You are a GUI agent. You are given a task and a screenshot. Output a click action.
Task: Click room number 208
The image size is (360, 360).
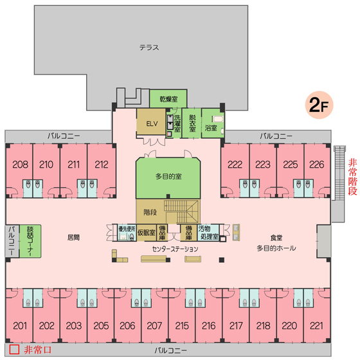(x=20, y=165)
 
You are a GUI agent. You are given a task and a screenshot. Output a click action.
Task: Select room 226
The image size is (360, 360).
(x=317, y=165)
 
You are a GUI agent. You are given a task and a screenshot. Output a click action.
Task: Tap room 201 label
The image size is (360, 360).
(x=20, y=325)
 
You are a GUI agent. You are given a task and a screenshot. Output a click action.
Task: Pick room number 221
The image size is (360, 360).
(x=316, y=325)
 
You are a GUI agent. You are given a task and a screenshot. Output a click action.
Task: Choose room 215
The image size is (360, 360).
(x=182, y=325)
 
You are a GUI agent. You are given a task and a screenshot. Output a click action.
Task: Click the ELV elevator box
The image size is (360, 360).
(x=151, y=122)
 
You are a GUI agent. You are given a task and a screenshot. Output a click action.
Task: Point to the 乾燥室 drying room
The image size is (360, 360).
(x=168, y=99)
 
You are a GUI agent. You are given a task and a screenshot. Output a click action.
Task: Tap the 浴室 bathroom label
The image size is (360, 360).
(x=211, y=128)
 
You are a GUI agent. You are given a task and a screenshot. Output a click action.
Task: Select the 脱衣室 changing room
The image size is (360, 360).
(x=192, y=123)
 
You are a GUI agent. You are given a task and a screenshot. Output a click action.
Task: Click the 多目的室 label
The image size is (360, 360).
(x=168, y=176)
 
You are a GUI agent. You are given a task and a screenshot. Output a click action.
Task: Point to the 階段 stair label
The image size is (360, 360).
(x=150, y=212)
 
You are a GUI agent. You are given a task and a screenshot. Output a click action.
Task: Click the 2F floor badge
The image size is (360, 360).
(x=319, y=105)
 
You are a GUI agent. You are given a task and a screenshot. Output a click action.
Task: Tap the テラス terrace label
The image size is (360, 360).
(x=149, y=48)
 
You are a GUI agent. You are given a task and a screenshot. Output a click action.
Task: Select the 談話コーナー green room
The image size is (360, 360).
(x=30, y=241)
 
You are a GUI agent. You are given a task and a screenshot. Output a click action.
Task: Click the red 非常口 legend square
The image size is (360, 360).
(x=14, y=350)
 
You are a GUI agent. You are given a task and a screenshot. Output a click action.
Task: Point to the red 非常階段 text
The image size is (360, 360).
(x=352, y=177)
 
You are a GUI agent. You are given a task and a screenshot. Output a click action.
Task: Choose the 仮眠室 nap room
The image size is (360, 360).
(x=147, y=233)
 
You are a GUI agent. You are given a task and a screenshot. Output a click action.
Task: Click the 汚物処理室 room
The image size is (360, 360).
(x=208, y=233)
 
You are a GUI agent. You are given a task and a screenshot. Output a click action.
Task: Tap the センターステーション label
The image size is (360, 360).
(x=175, y=249)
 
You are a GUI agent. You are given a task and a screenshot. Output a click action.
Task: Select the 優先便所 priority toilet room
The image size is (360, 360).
(x=127, y=233)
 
